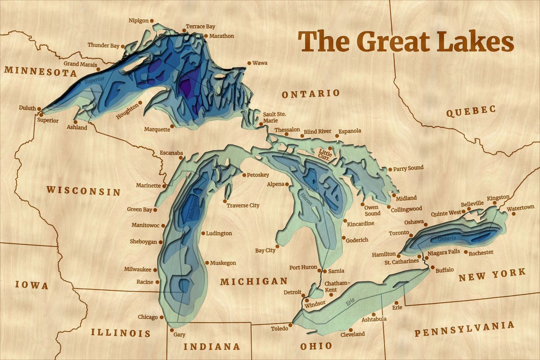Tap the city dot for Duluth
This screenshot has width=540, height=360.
[x=39, y=108]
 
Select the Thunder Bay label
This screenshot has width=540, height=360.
[x=103, y=45]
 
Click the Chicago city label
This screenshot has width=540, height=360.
[x=148, y=317]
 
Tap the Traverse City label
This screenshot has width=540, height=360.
[x=243, y=206]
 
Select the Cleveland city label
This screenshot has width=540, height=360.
[x=352, y=334]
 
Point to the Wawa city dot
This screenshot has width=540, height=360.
[x=250, y=63]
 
